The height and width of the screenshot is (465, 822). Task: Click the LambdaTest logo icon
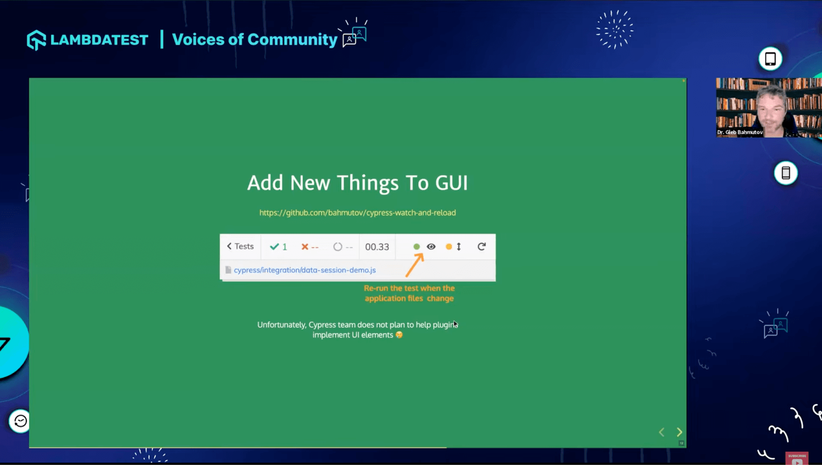(x=36, y=40)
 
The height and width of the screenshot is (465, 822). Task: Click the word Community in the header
(x=292, y=40)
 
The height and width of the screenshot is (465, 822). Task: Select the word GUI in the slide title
(x=451, y=183)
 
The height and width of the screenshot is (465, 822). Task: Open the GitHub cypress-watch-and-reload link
(x=357, y=213)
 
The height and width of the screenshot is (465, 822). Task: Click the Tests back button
(x=240, y=247)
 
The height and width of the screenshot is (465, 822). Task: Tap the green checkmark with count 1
(x=278, y=247)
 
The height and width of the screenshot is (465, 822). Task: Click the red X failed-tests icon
(x=305, y=247)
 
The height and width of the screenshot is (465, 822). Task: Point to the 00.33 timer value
(x=377, y=247)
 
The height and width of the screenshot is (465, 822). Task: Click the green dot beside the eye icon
(x=417, y=247)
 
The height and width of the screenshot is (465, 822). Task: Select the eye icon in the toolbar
(x=431, y=247)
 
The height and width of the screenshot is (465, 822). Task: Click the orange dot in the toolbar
(x=449, y=247)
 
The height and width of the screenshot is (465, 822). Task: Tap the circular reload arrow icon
(x=481, y=247)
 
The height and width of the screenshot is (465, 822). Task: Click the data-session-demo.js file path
(x=305, y=270)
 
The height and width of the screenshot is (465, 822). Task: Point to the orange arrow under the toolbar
(x=414, y=266)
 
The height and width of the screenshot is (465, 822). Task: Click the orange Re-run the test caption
(x=409, y=293)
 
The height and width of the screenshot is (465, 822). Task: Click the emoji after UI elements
(x=399, y=335)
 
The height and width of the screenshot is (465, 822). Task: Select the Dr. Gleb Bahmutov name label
(x=739, y=133)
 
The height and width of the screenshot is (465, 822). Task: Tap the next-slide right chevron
(x=679, y=432)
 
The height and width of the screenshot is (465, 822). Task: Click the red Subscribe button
(x=797, y=458)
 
